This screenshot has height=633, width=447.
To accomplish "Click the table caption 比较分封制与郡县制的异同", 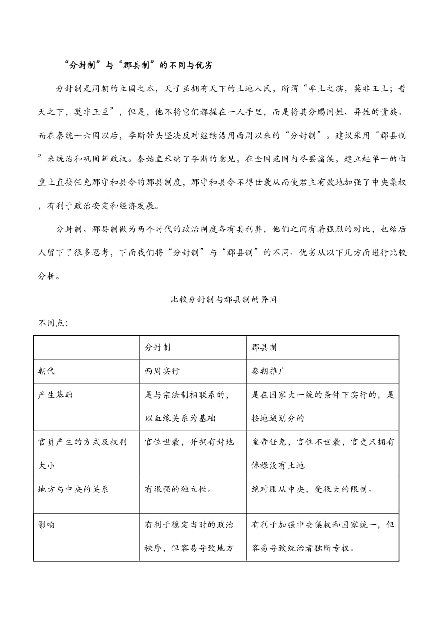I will tap(223, 300).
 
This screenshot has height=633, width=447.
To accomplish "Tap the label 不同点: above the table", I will tap(53, 323).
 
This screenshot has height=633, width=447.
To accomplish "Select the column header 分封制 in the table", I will tap(157, 348).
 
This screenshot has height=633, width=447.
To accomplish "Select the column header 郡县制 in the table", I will tap(264, 348).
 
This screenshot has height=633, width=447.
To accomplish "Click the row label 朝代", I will tap(47, 371).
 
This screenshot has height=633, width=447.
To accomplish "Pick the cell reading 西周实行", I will tap(162, 371).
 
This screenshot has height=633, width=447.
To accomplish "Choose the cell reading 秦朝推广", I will tap(269, 371).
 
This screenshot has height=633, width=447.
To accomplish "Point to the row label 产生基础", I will tap(55, 394).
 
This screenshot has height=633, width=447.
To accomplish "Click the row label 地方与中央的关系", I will tap(73, 489).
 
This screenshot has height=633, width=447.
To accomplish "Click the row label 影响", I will tap(47, 525).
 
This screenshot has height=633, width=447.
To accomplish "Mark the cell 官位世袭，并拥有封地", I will tap(189, 442).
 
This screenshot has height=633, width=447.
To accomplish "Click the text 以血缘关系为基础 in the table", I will tap(180, 418).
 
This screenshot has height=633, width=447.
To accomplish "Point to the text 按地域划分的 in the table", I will tap(277, 418).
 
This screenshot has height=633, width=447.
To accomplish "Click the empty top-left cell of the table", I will tap(86, 348).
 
